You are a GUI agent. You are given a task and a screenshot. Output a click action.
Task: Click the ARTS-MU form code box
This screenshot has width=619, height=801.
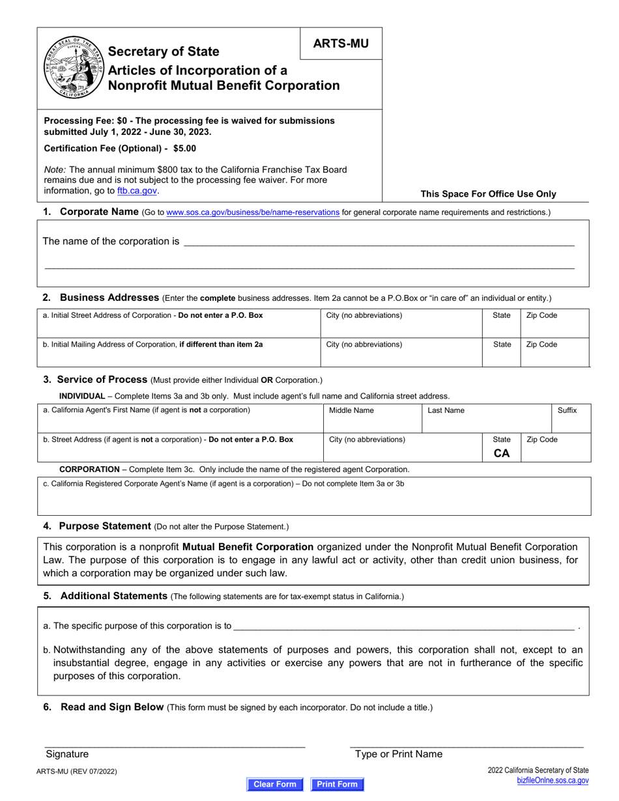tap(341, 44)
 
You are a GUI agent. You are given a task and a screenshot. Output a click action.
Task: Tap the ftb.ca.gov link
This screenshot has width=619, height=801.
tap(137, 191)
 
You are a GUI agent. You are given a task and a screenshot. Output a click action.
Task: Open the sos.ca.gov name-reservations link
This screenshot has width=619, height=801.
tap(253, 212)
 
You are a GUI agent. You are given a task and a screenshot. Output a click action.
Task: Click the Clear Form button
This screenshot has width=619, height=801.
tap(274, 784)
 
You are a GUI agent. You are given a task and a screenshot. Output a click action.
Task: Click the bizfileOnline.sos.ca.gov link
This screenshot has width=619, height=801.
tap(553, 780)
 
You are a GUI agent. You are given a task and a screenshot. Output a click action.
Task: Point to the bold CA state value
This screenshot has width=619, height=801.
tap(501, 453)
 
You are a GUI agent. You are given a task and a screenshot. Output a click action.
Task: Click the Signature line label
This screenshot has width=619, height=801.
tap(67, 754)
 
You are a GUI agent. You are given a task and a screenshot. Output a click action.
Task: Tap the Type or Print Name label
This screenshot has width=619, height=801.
tap(398, 754)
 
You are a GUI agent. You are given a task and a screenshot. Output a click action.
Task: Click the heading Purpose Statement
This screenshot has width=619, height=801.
tap(104, 526)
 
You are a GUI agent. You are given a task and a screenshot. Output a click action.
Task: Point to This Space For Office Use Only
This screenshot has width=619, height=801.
tap(488, 193)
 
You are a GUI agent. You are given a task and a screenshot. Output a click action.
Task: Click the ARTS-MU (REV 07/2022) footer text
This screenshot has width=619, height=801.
tap(81, 771)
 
